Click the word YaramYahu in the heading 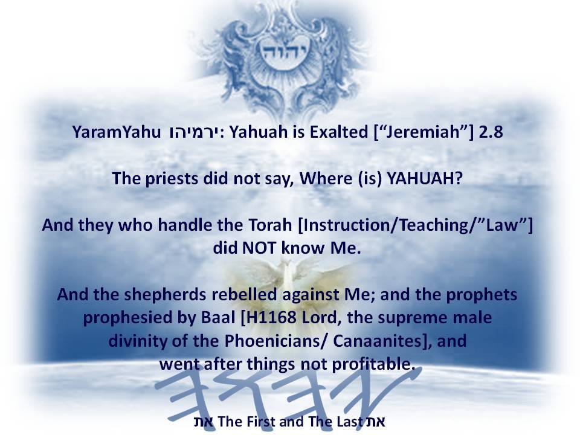[x=117, y=132]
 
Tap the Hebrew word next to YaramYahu [x=195, y=132]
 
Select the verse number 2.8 [x=491, y=132]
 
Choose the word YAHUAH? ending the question [x=424, y=179]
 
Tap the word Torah [x=270, y=225]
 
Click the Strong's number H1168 [x=269, y=317]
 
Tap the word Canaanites [x=377, y=341]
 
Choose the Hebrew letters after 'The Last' [x=375, y=422]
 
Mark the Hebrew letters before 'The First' [x=204, y=422]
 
